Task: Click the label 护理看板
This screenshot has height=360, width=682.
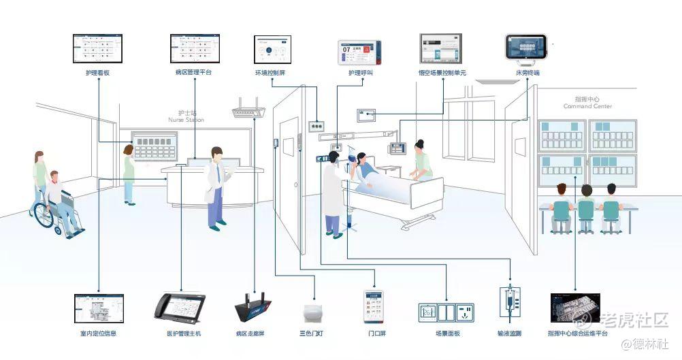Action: point(98,72)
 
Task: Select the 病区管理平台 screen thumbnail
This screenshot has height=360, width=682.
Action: point(194,49)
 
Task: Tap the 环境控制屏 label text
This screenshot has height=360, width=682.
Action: point(270,72)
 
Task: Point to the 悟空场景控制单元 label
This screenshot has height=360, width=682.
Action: point(442,72)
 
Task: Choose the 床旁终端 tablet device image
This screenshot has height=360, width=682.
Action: point(527,48)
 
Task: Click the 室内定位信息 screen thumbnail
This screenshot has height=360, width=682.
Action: point(99,308)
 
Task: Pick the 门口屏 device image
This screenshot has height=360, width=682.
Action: point(373,307)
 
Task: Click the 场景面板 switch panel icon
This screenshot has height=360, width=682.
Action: point(445,312)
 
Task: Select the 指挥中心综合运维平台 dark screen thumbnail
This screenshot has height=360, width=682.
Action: point(574,308)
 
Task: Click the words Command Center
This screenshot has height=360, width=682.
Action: point(587,106)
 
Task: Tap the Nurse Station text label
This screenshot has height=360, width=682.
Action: point(186,120)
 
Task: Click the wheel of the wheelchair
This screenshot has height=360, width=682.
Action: point(44,216)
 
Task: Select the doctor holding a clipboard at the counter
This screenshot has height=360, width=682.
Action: point(216,184)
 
